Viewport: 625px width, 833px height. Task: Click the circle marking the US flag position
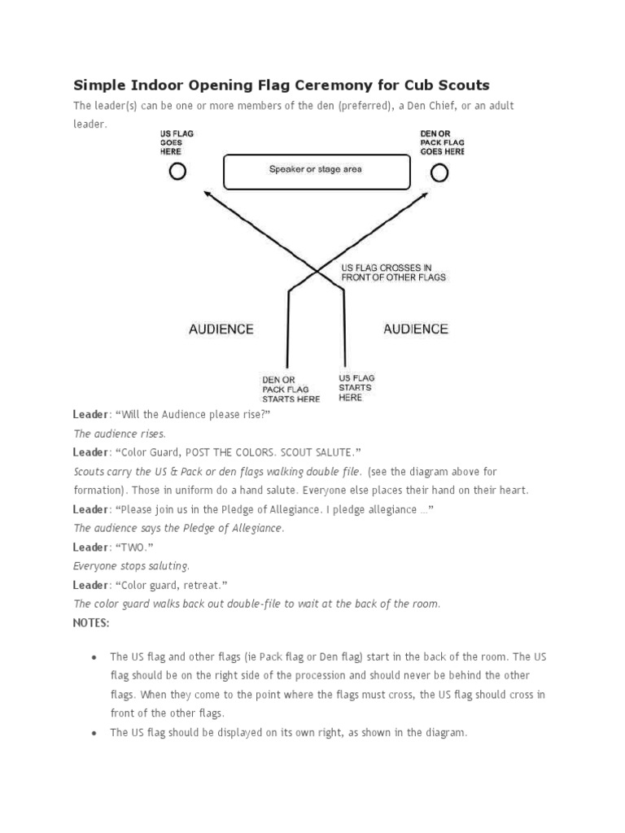pos(177,172)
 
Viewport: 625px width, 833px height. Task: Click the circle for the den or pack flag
pos(439,172)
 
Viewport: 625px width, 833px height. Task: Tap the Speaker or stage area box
pos(316,170)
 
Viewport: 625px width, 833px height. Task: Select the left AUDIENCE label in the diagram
pos(221,329)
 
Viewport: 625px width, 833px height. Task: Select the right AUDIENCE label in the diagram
pos(415,329)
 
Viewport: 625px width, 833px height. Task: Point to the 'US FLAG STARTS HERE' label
pos(356,388)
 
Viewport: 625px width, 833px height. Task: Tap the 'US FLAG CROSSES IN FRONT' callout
pos(393,273)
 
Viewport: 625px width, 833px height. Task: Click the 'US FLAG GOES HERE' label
pos(177,142)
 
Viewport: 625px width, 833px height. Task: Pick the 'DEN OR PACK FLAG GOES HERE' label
pos(442,142)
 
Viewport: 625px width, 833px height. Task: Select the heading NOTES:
pos(91,622)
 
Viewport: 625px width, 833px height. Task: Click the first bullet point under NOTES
pos(95,656)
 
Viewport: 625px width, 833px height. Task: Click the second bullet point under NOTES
pos(95,733)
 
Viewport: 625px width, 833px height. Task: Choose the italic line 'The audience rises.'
pos(120,434)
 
